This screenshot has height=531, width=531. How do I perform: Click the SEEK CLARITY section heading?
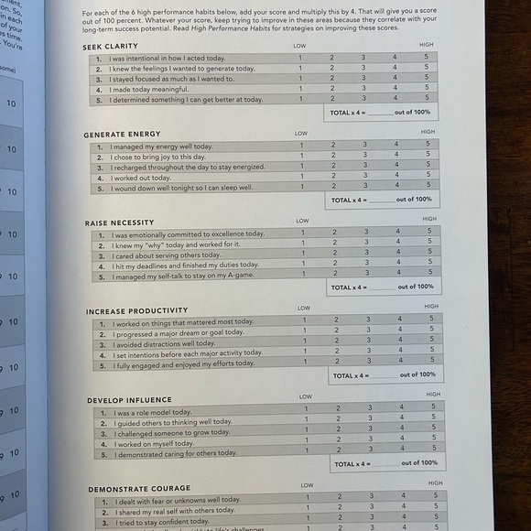click(110, 46)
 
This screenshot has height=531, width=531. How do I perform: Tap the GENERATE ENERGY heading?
click(122, 135)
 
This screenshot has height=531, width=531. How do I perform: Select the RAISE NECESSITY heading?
click(120, 222)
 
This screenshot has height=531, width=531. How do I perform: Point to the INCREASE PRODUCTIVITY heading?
click(137, 311)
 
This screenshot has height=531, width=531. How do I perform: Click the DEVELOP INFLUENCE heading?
click(129, 400)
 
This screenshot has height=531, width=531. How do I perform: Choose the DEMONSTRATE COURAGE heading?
click(140, 489)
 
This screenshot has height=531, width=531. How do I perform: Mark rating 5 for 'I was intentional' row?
click(426, 58)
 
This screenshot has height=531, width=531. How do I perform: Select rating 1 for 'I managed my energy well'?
click(301, 146)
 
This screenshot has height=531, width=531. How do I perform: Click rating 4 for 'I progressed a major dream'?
click(399, 330)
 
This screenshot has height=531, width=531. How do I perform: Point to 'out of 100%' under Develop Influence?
click(419, 463)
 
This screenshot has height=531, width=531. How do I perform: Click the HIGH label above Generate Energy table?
click(428, 132)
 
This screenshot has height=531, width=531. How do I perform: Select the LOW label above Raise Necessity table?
click(302, 221)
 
